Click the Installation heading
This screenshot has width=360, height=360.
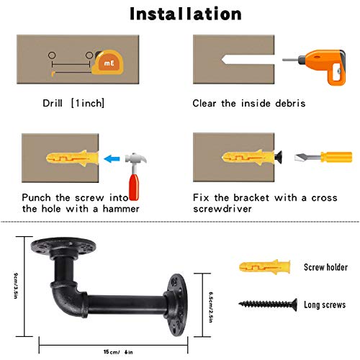click(186, 14)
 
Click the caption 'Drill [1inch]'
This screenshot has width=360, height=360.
click(73, 103)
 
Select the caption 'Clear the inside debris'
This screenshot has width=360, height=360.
click(248, 103)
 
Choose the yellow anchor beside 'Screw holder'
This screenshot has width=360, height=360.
click(259, 267)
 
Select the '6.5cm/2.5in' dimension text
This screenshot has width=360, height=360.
click(209, 295)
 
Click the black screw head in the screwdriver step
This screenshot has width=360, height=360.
click(277, 156)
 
